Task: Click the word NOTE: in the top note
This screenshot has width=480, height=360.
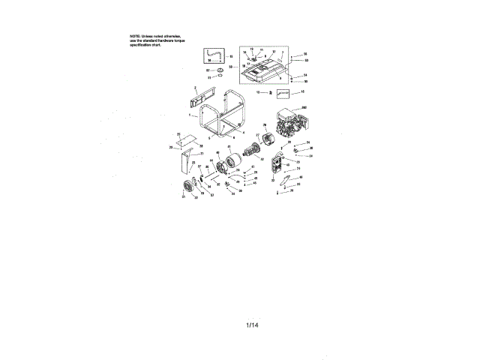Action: tap(135, 36)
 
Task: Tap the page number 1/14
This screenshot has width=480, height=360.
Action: tap(251, 325)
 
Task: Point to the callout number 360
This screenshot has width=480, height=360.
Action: tap(304, 109)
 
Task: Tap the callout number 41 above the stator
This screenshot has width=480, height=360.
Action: tap(229, 146)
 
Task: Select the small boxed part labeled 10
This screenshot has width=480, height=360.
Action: tap(283, 94)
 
